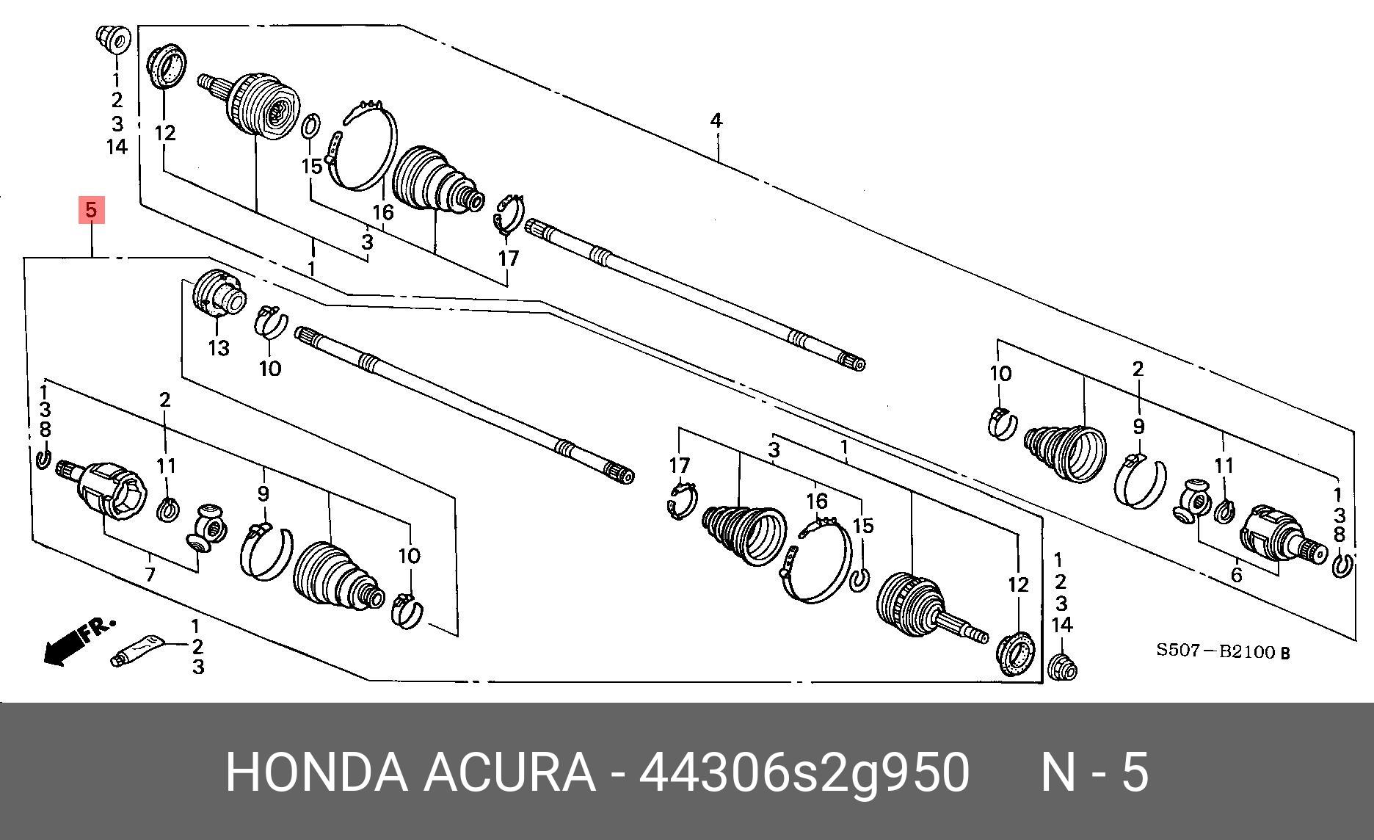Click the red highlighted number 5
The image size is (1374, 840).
(90, 210)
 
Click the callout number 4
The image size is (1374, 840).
(716, 120)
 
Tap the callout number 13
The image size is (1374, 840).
(219, 347)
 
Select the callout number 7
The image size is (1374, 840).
(150, 573)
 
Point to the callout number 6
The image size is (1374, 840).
(1236, 575)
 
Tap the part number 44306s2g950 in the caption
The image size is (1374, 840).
(804, 772)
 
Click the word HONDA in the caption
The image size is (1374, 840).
(316, 772)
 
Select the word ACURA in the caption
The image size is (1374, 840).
(509, 772)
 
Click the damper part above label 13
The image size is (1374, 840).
(217, 294)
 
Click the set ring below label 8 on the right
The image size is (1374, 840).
(1342, 565)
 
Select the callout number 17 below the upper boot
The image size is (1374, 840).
(508, 258)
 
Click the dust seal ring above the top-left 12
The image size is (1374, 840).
(167, 66)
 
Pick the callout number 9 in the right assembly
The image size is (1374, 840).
(1138, 426)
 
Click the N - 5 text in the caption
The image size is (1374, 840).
(1094, 772)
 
